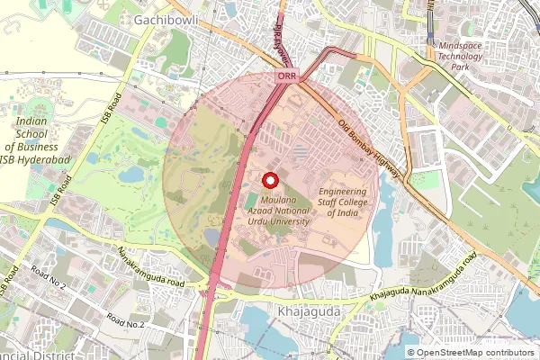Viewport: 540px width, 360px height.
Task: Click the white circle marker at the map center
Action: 269,179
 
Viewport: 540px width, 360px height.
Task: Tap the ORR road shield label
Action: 286,78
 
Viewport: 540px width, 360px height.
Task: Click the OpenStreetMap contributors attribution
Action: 474,353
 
